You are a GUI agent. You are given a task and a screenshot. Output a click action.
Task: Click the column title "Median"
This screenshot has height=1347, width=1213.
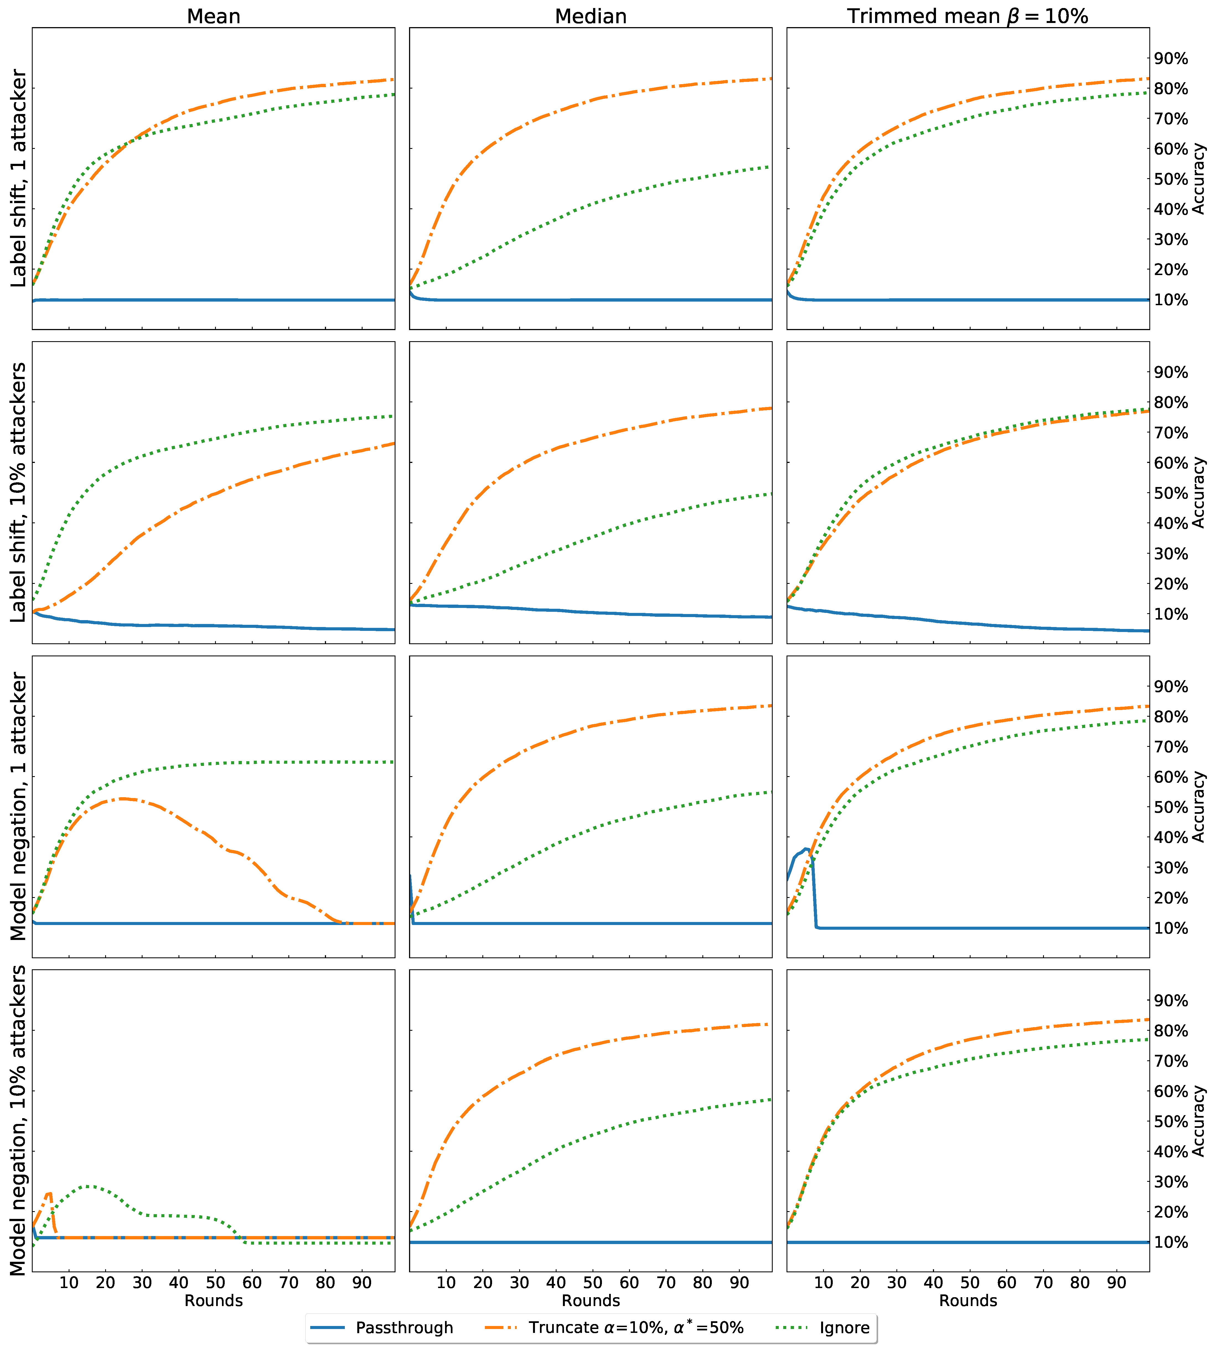[x=591, y=16]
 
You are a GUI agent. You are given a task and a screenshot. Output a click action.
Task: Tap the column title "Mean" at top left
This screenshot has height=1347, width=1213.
[x=213, y=16]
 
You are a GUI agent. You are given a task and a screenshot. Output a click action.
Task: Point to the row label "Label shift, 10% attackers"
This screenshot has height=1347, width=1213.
[x=19, y=492]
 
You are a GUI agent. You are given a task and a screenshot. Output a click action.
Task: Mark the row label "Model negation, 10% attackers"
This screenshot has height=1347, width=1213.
[x=19, y=1120]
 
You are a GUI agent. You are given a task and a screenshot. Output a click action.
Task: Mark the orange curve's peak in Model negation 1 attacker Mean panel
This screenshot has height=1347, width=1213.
[x=123, y=799]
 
